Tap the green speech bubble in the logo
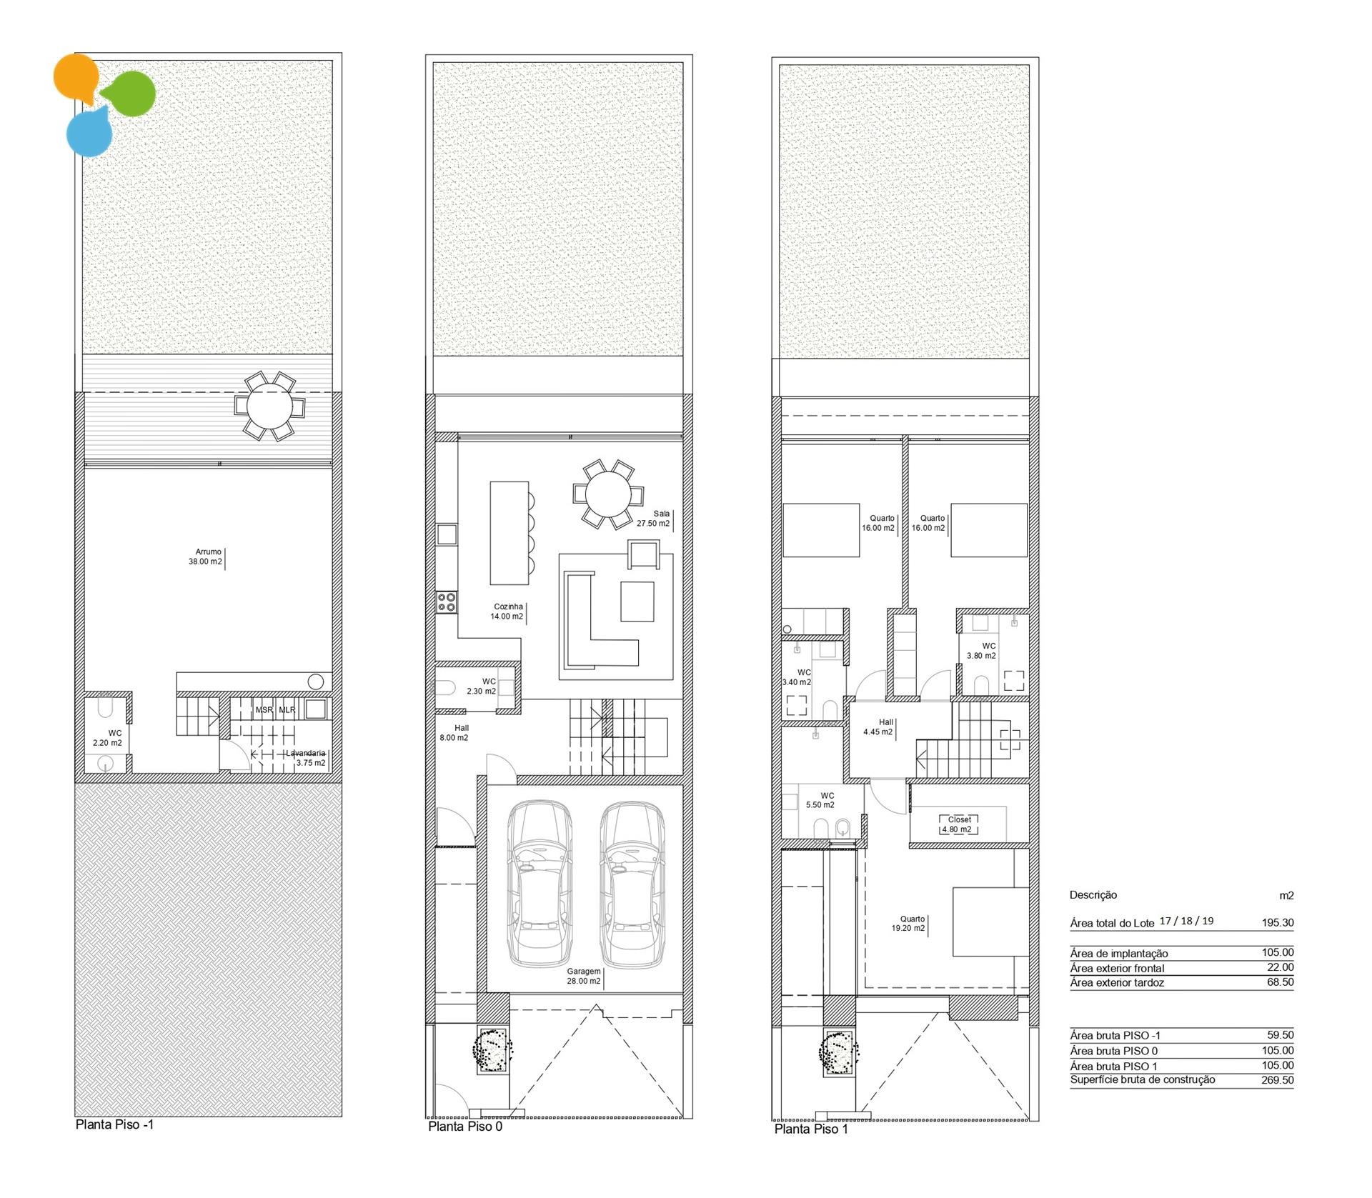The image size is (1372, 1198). pos(129,93)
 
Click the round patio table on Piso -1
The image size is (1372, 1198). pos(269,406)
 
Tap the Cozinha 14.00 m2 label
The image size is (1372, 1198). pos(507,612)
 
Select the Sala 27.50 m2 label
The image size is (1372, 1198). pos(654,518)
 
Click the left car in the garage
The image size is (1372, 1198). pos(540,883)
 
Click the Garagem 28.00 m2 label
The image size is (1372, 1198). pos(584,977)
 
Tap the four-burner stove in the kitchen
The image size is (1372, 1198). pos(447,602)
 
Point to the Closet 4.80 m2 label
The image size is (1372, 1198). pos(959,824)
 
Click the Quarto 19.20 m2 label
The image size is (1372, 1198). pos(908,924)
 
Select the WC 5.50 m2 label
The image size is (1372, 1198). pos(820,800)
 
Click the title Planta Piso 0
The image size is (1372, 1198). pos(465,1127)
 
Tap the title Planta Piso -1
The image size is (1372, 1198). pos(114,1124)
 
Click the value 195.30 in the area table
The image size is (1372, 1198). pos(1278,922)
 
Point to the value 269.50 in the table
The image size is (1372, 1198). pos(1278,1080)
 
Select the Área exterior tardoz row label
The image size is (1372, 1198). pos(1117,983)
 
